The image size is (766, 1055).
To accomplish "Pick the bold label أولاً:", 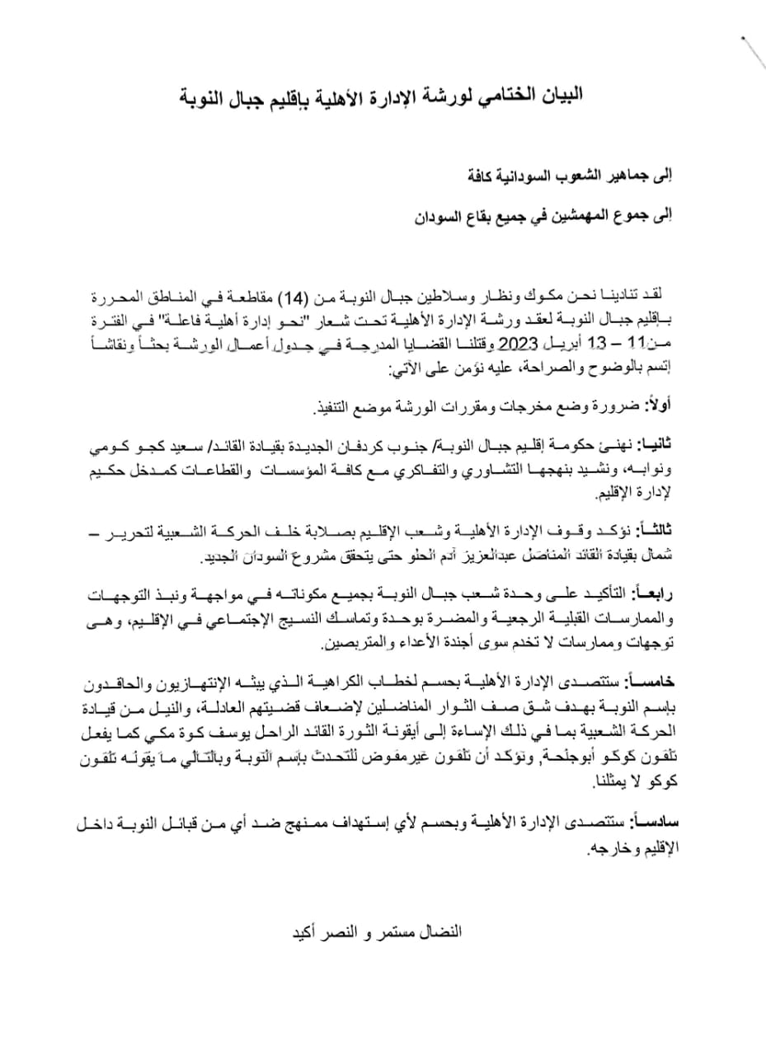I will (x=656, y=406).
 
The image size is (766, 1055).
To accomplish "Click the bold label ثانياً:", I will (x=656, y=445).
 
